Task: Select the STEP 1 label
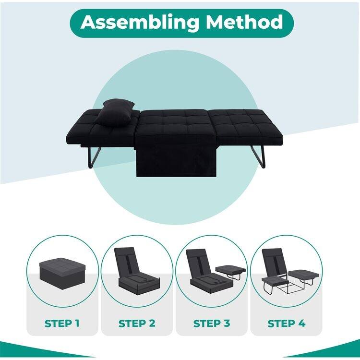click(62, 323)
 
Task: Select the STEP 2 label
click(137, 323)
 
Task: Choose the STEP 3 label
click(212, 323)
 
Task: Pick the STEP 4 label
click(287, 323)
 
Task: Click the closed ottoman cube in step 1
click(62, 271)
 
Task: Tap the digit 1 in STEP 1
click(77, 323)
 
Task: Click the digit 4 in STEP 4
click(302, 323)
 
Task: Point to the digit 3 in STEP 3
click(227, 323)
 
